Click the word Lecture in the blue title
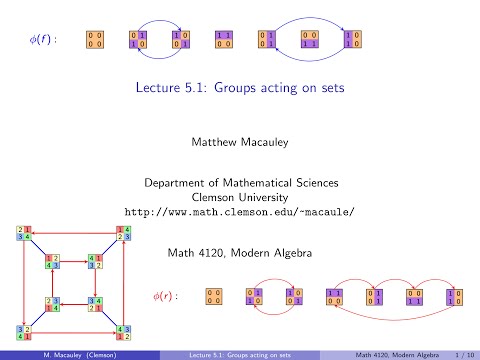click(163, 88)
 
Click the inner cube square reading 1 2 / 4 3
click(52, 262)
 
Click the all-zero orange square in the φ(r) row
click(214, 297)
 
